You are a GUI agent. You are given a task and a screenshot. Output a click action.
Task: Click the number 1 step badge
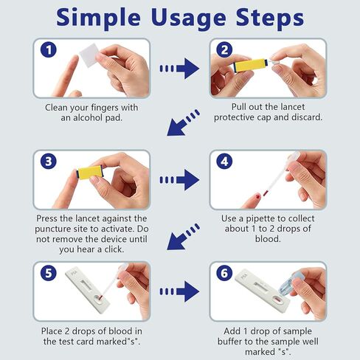pos(48,50)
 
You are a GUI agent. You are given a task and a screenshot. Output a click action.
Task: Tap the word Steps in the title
pos(266,18)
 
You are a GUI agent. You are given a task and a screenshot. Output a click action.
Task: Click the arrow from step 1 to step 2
pos(179,69)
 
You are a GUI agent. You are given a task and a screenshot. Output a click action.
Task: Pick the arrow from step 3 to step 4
pos(179,179)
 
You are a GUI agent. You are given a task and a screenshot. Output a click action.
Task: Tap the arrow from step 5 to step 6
pos(179,290)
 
